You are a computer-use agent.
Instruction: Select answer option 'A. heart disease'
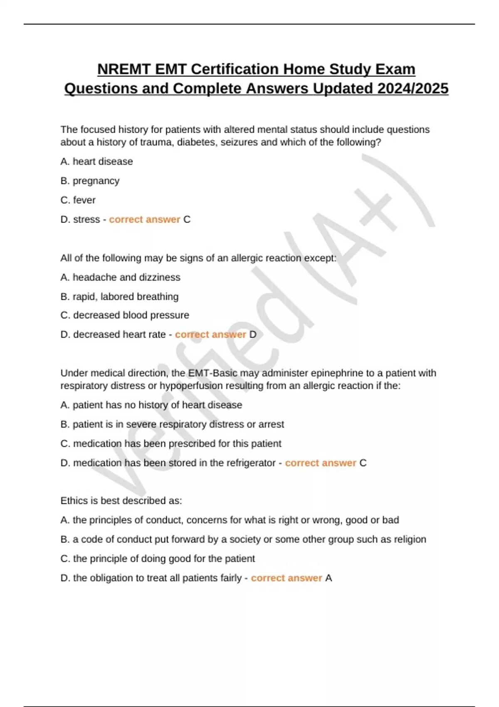[x=96, y=161]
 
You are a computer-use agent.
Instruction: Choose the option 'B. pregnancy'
[x=90, y=181]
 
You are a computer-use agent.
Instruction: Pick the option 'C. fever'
[x=78, y=200]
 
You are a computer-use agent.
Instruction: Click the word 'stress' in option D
[x=86, y=219]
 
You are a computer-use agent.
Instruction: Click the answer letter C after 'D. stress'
[x=187, y=219]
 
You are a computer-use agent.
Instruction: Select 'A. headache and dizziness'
[x=120, y=277]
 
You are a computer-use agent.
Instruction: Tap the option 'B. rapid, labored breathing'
[x=119, y=297]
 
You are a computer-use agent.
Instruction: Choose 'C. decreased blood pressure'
[x=125, y=315]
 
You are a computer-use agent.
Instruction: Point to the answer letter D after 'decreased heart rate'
[x=253, y=334]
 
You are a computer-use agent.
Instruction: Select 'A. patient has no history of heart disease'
[x=151, y=405]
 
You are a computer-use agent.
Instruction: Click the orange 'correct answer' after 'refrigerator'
[x=320, y=463]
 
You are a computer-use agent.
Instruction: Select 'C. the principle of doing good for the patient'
[x=158, y=559]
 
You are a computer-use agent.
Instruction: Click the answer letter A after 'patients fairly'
[x=329, y=578]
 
